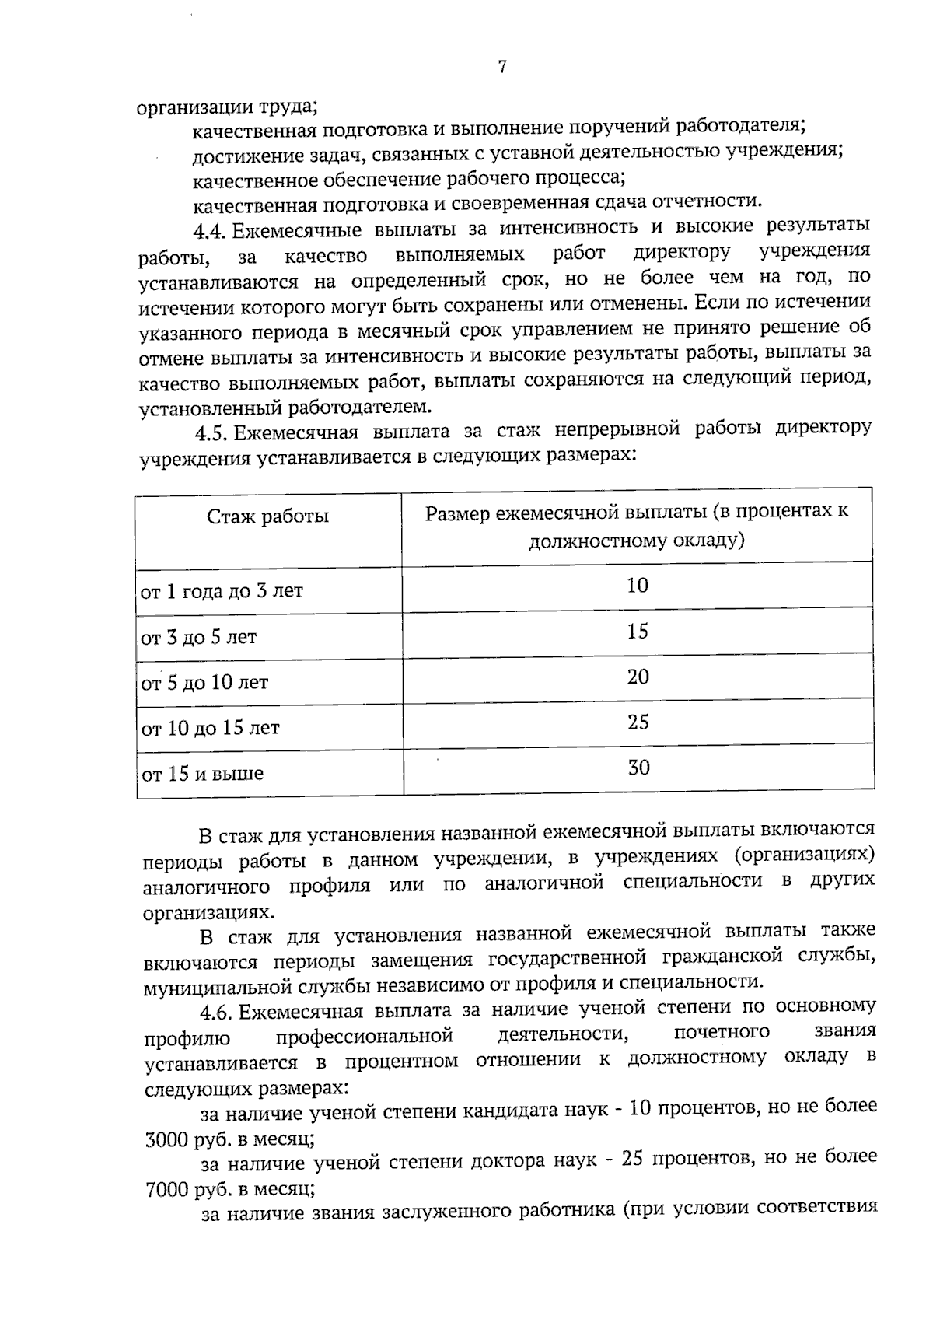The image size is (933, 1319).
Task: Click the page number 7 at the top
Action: click(x=502, y=68)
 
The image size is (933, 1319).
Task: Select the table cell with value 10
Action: click(x=637, y=586)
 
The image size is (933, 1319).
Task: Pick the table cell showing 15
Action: click(x=638, y=632)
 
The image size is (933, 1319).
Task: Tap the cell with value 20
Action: click(x=638, y=677)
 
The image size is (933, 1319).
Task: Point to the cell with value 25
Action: click(x=638, y=722)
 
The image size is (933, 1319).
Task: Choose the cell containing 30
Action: click(x=638, y=768)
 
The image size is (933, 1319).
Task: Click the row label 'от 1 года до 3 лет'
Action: click(x=222, y=591)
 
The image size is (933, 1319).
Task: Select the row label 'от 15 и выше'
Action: click(x=202, y=775)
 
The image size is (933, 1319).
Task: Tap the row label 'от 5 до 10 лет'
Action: click(x=204, y=684)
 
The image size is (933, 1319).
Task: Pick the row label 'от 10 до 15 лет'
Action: click(x=210, y=729)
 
